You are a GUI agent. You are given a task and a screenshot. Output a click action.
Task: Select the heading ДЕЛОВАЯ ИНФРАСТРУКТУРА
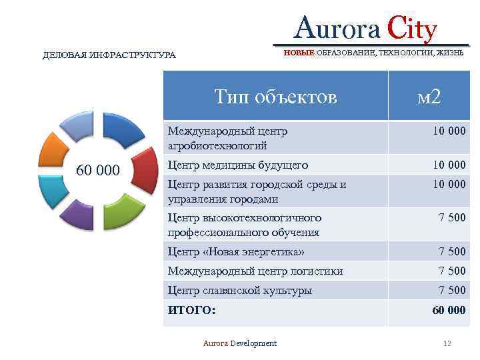click(109, 55)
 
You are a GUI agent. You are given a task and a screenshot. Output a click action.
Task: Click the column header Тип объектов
click(275, 97)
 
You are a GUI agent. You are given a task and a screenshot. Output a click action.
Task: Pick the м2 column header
click(429, 97)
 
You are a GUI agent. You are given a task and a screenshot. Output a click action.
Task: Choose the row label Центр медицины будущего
click(237, 164)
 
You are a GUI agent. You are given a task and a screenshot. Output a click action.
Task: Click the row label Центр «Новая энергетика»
click(236, 251)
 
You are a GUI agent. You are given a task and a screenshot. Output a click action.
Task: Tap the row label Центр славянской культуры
click(239, 290)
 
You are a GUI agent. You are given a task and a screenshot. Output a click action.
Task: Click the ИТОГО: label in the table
click(191, 310)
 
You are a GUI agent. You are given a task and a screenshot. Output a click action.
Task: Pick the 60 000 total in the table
click(449, 310)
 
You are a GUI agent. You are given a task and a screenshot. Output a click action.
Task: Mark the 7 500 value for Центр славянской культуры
click(451, 290)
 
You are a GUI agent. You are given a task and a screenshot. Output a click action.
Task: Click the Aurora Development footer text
click(239, 343)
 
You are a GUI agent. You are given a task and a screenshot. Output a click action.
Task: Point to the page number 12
click(447, 343)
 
